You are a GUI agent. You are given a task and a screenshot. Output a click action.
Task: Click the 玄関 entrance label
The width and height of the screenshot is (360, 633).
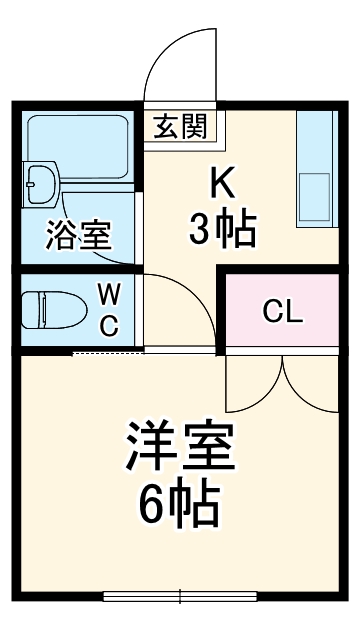pos(181,126)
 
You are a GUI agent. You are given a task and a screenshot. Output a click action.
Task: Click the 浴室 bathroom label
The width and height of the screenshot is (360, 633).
pos(78,236)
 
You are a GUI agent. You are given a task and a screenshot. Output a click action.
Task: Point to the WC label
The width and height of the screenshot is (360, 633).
pos(109,309)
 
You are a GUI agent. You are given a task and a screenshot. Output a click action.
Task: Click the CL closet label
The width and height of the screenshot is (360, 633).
pos(282,311)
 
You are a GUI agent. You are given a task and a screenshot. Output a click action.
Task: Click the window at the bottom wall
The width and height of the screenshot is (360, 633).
pos(180,597)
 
